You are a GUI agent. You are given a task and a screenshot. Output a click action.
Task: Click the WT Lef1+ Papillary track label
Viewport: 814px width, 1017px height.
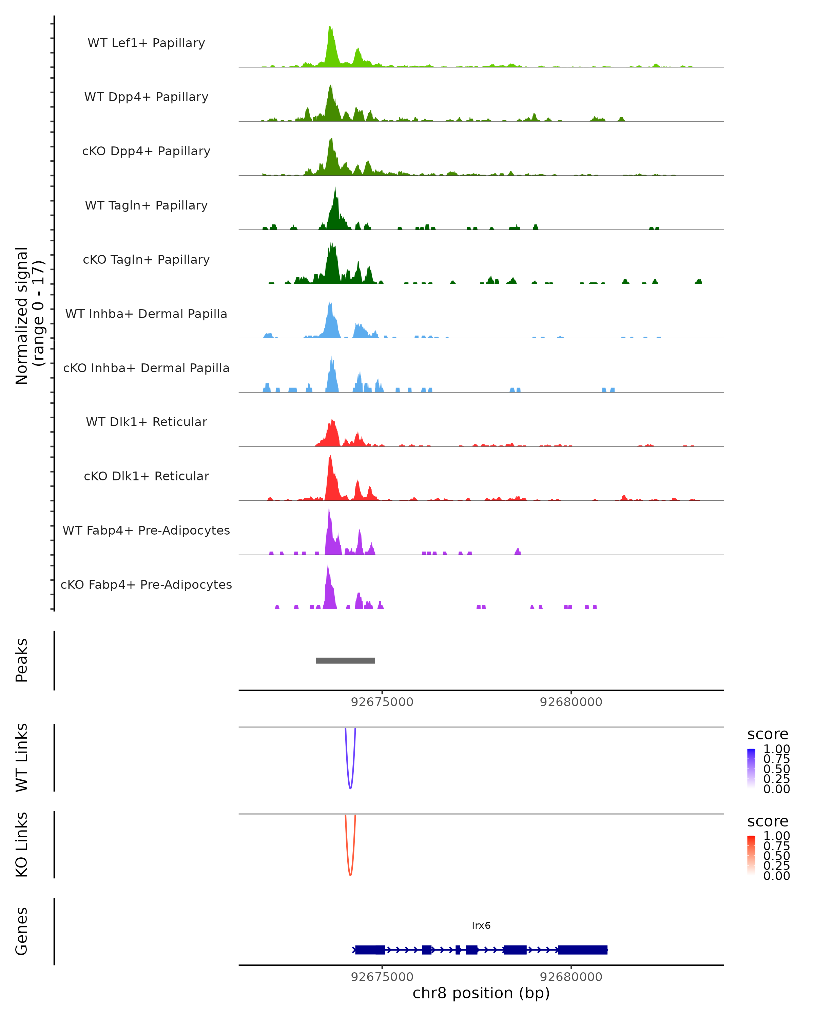pyautogui.click(x=146, y=43)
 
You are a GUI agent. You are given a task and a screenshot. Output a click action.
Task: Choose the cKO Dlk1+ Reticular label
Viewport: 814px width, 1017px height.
pyautogui.click(x=146, y=476)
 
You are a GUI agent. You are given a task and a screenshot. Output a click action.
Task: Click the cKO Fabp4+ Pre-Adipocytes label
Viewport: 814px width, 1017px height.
pyautogui.click(x=146, y=584)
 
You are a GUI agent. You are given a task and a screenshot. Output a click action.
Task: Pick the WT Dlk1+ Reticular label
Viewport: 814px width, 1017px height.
pyautogui.click(x=146, y=422)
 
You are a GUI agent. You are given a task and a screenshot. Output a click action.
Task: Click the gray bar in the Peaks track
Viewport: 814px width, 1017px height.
pyautogui.click(x=345, y=660)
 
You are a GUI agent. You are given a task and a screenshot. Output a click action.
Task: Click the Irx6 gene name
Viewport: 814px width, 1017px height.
pyautogui.click(x=481, y=925)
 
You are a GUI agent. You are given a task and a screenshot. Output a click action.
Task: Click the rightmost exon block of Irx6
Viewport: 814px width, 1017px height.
pyautogui.click(x=582, y=950)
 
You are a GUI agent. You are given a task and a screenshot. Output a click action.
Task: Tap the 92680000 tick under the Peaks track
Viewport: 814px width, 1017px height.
pyautogui.click(x=571, y=702)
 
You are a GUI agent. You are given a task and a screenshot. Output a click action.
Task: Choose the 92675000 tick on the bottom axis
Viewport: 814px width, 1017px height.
pyautogui.click(x=382, y=976)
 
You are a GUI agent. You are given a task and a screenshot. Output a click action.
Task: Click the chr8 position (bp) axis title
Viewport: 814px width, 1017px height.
pyautogui.click(x=481, y=993)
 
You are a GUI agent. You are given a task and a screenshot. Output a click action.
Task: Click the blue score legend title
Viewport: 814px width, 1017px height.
pyautogui.click(x=768, y=735)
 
